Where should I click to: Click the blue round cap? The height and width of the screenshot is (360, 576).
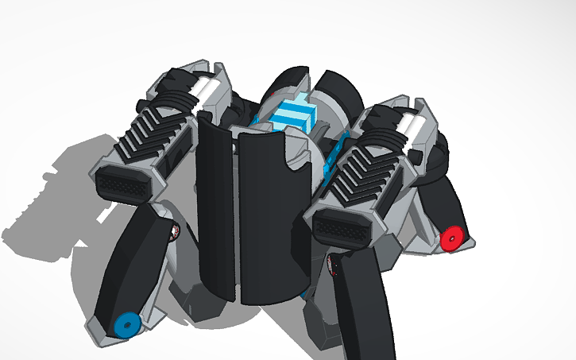click(x=125, y=325)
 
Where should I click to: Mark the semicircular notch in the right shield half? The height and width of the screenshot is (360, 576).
click(x=296, y=155)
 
